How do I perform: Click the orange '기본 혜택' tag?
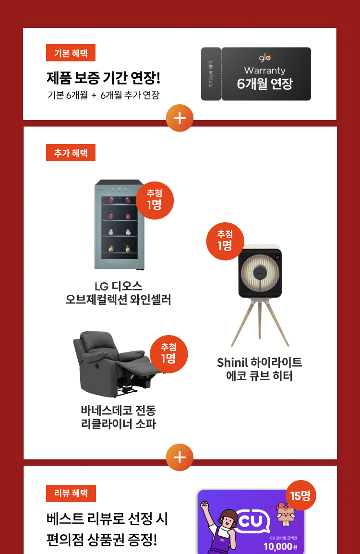(x=71, y=53)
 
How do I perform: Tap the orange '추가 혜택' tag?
(x=71, y=153)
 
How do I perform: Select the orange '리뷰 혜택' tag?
(x=71, y=493)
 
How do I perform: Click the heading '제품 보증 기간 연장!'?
(x=103, y=77)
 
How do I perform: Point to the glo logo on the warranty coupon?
(x=265, y=58)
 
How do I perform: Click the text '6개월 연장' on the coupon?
(x=265, y=84)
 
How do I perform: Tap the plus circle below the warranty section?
(x=180, y=118)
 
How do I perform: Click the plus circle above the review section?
(x=180, y=457)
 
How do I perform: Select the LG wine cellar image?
(x=119, y=224)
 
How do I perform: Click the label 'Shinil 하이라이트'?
(x=259, y=362)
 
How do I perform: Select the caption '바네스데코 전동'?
(x=119, y=411)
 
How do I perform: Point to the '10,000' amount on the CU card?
(x=277, y=547)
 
